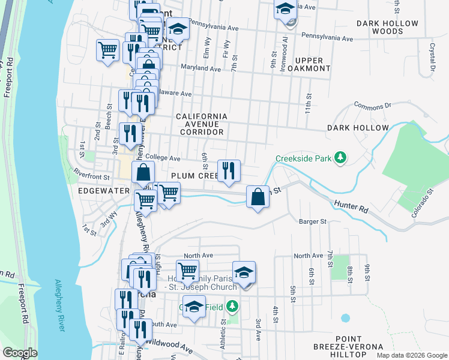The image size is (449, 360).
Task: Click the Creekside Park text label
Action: point(303,159)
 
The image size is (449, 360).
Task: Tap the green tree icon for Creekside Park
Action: point(341,158)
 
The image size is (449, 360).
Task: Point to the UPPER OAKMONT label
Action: point(309,64)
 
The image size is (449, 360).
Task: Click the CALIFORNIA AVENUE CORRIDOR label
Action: point(201,124)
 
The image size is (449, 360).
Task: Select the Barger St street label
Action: point(312,221)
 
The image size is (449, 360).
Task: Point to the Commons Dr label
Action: point(372,106)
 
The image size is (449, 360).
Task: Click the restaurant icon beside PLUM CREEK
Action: point(228,170)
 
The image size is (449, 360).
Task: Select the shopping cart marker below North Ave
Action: point(187,271)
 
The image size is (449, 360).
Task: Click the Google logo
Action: point(20,353)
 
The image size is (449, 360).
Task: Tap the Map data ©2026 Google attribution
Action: point(411,355)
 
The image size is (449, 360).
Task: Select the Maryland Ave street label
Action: point(201,68)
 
